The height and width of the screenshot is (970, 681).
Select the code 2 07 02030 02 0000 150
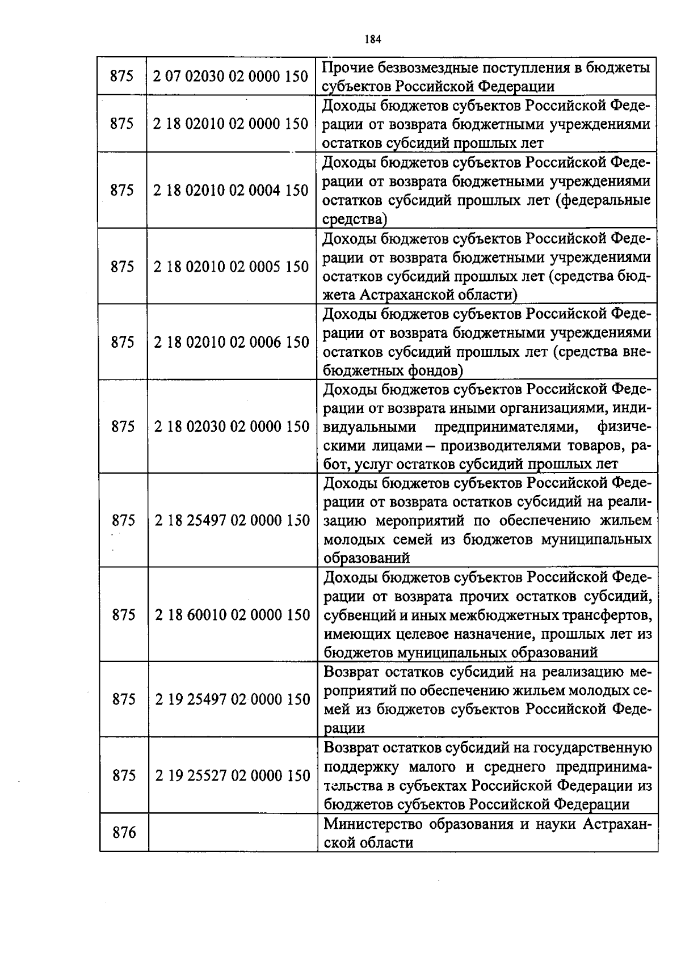point(231,76)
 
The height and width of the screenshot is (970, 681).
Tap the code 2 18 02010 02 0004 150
point(231,191)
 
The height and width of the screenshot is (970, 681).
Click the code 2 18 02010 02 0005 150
point(231,267)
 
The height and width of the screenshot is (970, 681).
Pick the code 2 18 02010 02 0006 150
point(231,342)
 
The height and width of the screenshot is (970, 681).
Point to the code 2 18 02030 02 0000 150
point(231,427)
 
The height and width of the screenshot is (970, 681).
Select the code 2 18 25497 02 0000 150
point(232,520)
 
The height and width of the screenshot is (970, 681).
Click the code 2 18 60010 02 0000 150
point(232,615)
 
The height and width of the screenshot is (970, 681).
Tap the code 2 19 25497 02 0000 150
point(232,699)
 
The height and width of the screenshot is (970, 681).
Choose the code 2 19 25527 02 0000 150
point(232,775)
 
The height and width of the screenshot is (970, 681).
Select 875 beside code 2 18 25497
point(123,520)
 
